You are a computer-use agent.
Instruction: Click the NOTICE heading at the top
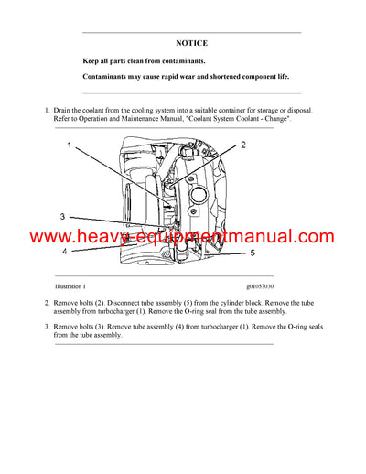[191, 43]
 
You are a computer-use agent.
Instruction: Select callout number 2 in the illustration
[242, 145]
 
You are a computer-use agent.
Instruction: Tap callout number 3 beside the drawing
[62, 217]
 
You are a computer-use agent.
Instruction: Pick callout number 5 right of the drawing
[253, 252]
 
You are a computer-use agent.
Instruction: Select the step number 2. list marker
[47, 302]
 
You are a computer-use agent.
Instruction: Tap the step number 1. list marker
[47, 110]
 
